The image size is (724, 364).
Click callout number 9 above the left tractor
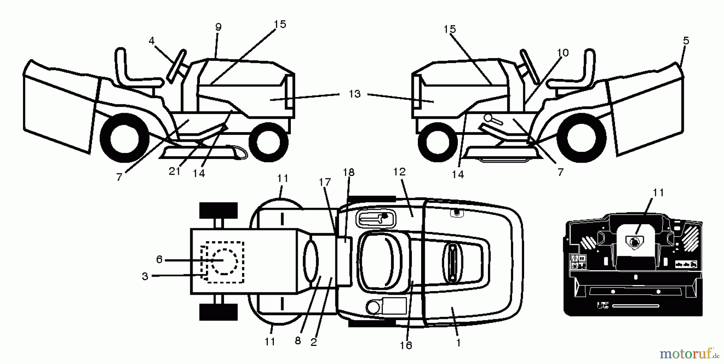pyautogui.click(x=218, y=27)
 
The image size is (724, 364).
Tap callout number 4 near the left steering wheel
pyautogui.click(x=151, y=41)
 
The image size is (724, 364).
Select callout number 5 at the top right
pyautogui.click(x=686, y=41)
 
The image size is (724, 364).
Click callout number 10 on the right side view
pyautogui.click(x=563, y=53)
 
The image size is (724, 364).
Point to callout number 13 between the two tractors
pyautogui.click(x=354, y=94)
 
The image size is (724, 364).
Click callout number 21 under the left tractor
pyautogui.click(x=174, y=172)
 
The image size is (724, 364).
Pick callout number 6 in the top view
pyautogui.click(x=159, y=260)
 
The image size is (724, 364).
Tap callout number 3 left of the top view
pyautogui.click(x=145, y=277)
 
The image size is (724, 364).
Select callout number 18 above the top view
pyautogui.click(x=348, y=172)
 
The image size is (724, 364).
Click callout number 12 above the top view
pyautogui.click(x=399, y=172)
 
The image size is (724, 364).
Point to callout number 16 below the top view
pyautogui.click(x=406, y=345)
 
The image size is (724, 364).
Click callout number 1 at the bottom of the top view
pyautogui.click(x=458, y=343)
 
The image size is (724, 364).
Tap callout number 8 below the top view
pyautogui.click(x=298, y=341)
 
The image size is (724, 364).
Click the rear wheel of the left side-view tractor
pyautogui.click(x=120, y=138)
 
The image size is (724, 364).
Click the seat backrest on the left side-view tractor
pyautogui.click(x=121, y=64)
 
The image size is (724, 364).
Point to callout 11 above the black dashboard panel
pyautogui.click(x=658, y=193)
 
